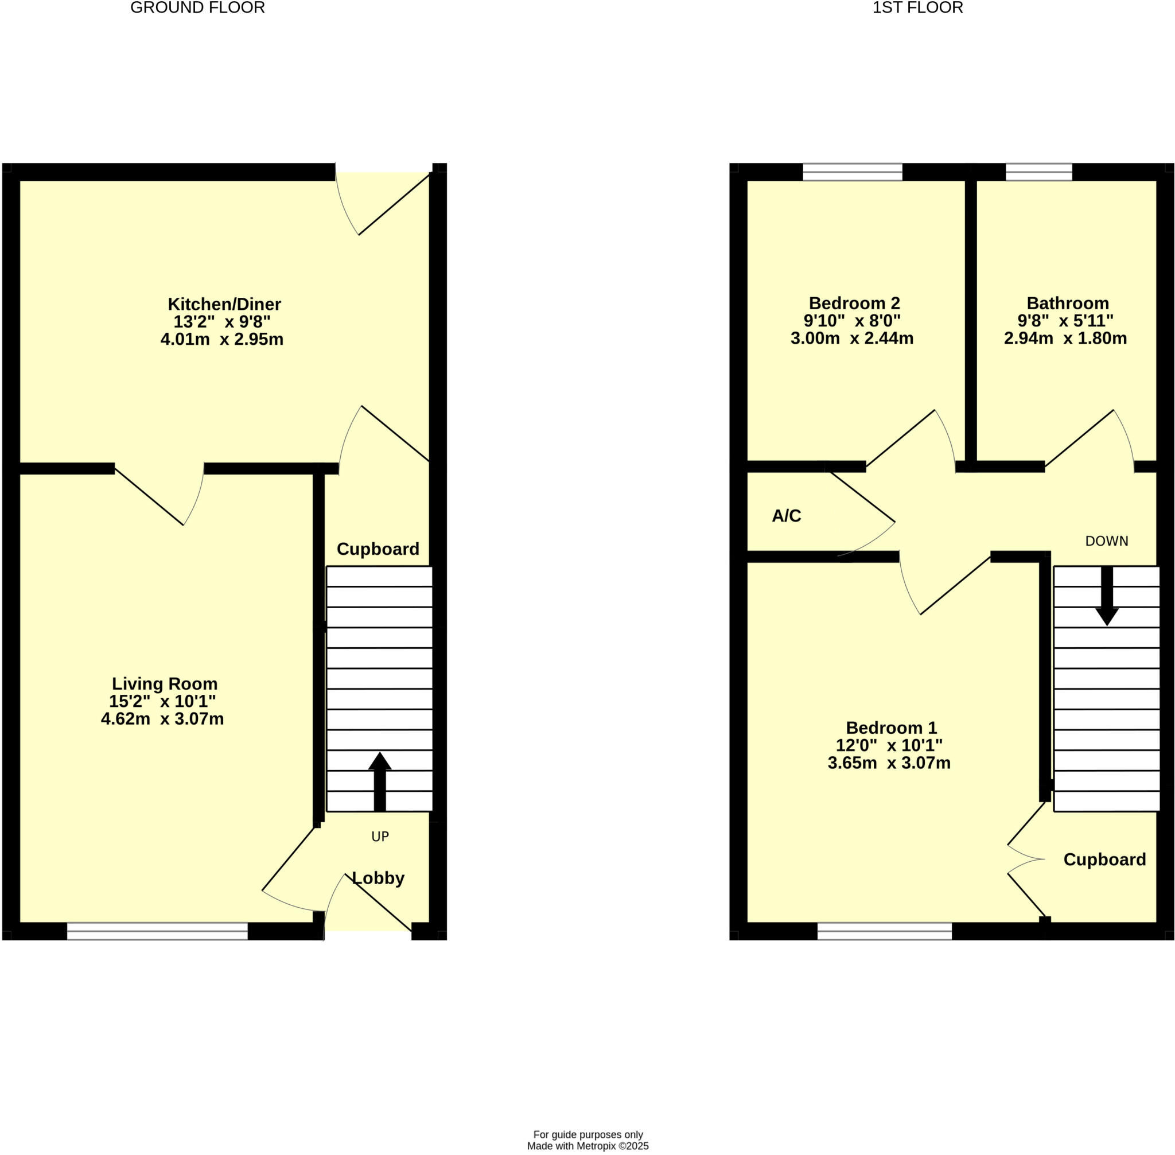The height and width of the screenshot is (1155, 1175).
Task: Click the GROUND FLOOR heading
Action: (x=197, y=8)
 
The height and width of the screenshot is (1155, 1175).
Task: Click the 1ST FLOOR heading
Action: (x=917, y=8)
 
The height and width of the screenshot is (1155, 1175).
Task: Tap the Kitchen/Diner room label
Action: (x=224, y=304)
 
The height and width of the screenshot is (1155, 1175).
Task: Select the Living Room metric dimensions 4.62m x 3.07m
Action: (x=162, y=719)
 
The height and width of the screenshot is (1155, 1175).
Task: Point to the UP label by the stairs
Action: (x=380, y=837)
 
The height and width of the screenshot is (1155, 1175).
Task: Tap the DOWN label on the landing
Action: (x=1107, y=541)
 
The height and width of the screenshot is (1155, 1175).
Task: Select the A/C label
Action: (x=786, y=516)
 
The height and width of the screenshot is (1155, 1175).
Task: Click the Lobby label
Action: (x=379, y=878)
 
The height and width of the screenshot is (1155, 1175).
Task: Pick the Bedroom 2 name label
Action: (x=854, y=303)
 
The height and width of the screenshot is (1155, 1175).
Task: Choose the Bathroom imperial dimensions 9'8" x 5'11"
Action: (x=1065, y=320)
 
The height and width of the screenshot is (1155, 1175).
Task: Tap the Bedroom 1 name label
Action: (x=891, y=728)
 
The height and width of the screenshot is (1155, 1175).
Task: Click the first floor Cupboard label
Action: (x=1104, y=860)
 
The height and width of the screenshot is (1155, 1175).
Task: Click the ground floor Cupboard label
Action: (x=378, y=549)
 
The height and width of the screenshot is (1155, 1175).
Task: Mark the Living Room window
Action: (x=157, y=931)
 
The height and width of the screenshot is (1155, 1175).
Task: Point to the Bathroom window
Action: (x=1038, y=172)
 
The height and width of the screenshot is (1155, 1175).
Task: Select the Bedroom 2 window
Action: (x=853, y=172)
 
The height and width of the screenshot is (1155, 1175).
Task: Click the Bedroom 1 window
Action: (x=885, y=931)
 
